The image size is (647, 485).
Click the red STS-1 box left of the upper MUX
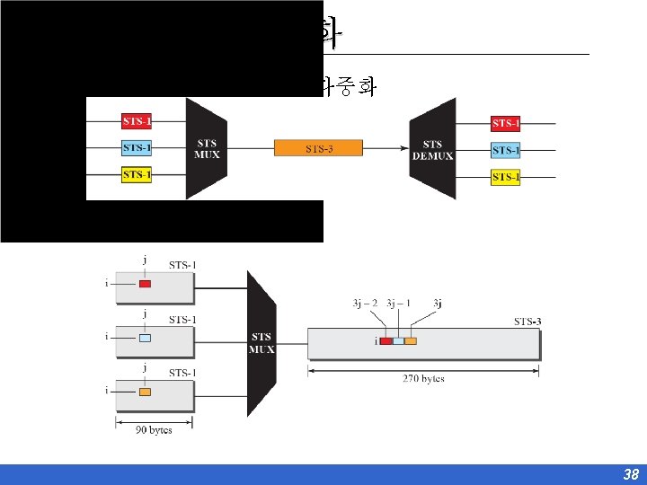click(x=137, y=120)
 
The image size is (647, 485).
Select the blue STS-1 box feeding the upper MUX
click(x=137, y=147)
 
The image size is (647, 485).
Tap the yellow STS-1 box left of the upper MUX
click(x=137, y=174)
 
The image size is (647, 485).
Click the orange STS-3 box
click(x=319, y=148)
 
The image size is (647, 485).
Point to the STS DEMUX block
click(x=432, y=149)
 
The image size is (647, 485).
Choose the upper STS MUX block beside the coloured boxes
click(x=206, y=149)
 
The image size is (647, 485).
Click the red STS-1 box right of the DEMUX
click(x=506, y=124)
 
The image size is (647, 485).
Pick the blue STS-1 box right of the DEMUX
click(x=506, y=150)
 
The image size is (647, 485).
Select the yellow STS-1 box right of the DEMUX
click(x=506, y=177)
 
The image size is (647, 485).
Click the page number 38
click(x=631, y=475)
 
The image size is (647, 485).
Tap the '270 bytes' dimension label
click(x=423, y=378)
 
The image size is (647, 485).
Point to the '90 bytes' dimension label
click(x=154, y=430)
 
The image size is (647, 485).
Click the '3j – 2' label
click(x=365, y=304)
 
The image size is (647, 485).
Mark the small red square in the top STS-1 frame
click(x=145, y=285)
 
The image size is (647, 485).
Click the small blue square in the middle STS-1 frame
click(x=145, y=339)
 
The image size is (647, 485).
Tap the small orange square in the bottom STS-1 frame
click(x=145, y=392)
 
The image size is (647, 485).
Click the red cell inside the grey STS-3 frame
click(x=386, y=341)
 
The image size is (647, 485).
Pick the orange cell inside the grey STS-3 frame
click(x=411, y=341)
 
